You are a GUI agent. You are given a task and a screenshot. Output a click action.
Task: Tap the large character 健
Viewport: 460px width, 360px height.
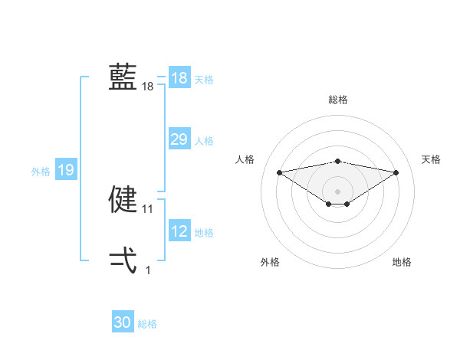(x=123, y=200)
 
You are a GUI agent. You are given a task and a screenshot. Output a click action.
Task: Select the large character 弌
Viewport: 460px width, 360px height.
(x=123, y=261)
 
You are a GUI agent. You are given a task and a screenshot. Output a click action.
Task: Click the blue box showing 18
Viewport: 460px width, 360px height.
(x=179, y=78)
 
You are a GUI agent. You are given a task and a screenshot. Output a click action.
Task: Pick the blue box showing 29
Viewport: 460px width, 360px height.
(x=179, y=139)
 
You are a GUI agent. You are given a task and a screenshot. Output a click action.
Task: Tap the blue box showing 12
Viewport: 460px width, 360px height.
(x=179, y=231)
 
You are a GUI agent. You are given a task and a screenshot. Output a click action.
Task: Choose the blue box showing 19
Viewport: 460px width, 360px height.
(x=66, y=170)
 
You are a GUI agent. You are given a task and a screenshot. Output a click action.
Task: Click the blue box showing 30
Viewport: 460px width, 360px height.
(x=123, y=322)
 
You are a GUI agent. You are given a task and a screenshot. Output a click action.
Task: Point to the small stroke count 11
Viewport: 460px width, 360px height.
(x=148, y=209)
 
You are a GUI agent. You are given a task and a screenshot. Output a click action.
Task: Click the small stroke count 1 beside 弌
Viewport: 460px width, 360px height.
(x=148, y=270)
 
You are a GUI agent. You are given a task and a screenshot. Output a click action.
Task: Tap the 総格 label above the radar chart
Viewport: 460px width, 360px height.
(x=337, y=100)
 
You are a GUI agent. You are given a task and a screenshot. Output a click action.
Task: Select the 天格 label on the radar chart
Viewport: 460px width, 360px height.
(x=431, y=159)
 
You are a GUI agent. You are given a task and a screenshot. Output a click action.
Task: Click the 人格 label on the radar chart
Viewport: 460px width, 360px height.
(x=245, y=159)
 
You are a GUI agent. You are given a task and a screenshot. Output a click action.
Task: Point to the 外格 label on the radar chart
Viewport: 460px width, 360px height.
(x=270, y=262)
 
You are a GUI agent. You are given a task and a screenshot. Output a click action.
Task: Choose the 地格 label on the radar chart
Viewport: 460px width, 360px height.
(x=402, y=262)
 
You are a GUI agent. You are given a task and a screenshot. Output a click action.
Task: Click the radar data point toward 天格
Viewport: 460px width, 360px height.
(x=396, y=172)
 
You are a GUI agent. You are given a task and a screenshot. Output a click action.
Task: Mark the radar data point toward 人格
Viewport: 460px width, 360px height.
(x=279, y=172)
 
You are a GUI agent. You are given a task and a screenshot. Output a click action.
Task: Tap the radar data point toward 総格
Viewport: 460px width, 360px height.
(x=337, y=161)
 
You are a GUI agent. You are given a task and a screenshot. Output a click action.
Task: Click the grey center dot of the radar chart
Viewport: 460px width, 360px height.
(x=337, y=191)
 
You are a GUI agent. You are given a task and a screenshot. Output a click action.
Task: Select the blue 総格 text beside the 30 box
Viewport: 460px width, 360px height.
(x=147, y=324)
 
